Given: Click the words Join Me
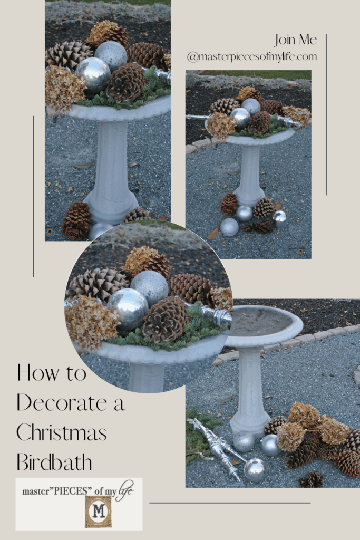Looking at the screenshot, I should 295,40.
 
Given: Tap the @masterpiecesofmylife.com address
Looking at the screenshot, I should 251,56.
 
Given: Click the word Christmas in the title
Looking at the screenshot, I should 61,433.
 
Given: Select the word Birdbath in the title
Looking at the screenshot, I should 54,462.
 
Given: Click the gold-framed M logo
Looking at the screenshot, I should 99,511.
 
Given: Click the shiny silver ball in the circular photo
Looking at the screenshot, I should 128,307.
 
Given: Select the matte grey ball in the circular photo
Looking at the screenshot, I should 149,287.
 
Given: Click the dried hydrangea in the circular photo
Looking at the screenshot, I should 91,322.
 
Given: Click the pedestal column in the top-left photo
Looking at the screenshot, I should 112,169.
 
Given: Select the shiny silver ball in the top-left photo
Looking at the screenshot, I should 93,74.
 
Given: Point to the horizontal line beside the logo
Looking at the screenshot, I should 230,503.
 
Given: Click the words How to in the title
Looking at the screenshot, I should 51,373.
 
